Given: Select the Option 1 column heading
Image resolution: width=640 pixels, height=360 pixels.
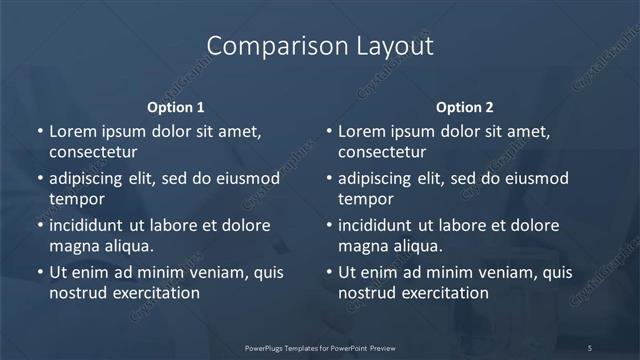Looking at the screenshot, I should pyautogui.click(x=176, y=107).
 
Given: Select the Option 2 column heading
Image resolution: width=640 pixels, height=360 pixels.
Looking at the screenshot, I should pyautogui.click(x=465, y=107).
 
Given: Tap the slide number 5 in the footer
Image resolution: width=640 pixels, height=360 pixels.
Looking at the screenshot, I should pyautogui.click(x=589, y=347).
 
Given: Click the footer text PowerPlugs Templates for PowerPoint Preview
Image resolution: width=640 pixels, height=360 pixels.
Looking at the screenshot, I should pyautogui.click(x=320, y=347).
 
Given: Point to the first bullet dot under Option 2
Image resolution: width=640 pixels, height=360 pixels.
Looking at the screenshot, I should pyautogui.click(x=328, y=132).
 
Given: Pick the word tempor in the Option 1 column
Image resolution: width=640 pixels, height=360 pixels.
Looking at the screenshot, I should pyautogui.click(x=75, y=199).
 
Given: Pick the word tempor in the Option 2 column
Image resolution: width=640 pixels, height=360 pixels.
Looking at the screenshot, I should pyautogui.click(x=364, y=199).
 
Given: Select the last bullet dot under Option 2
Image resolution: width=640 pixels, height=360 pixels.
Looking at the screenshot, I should pyautogui.click(x=328, y=272).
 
